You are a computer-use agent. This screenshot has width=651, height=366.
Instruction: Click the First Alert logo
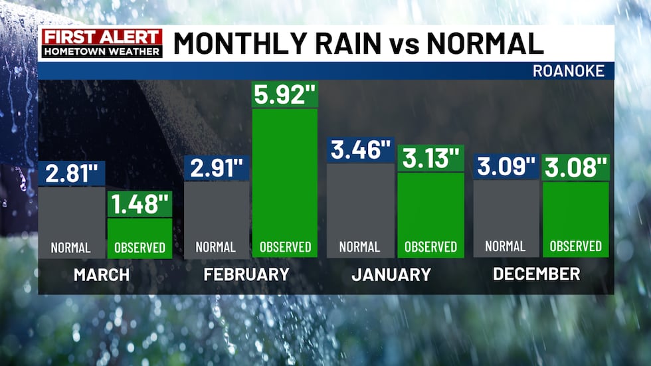pos(102,43)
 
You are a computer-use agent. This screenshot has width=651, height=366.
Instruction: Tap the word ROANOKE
pos(569,71)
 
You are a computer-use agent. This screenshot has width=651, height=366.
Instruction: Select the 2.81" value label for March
pos(72,173)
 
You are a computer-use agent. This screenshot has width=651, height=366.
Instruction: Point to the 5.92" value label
pos(285,95)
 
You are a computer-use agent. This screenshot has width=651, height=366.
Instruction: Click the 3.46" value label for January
pos(361,150)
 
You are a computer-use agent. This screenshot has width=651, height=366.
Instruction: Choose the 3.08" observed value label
pos(576,167)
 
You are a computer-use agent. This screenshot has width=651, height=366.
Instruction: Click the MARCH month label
pos(102,274)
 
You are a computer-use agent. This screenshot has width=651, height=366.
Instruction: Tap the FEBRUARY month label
pos(246,274)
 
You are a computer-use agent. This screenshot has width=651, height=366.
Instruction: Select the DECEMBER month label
pos(537,273)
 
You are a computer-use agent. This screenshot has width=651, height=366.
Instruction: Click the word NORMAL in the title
pos(485,43)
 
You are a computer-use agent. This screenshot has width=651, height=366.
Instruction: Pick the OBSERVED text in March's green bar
pos(139,248)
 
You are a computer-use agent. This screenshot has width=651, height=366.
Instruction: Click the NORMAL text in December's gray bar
pos(506,246)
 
